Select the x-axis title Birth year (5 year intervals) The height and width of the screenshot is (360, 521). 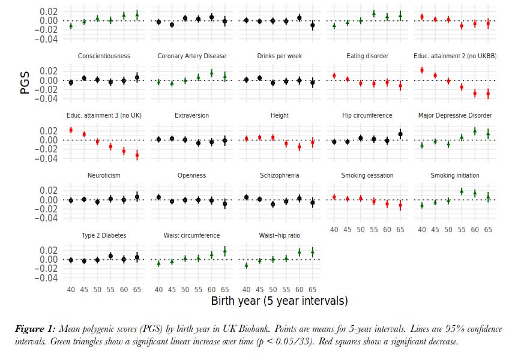pos(279,300)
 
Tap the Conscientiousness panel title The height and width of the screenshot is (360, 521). pos(104,56)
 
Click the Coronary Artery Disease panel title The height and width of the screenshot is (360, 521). pos(192,56)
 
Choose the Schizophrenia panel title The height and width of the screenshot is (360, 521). pos(280,175)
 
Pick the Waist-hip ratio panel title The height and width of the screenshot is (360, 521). pos(280,235)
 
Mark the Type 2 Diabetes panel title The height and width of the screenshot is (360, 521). pos(104,235)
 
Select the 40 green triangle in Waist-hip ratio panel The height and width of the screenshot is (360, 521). pos(247,265)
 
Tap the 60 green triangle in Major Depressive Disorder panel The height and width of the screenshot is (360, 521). pos(475,131)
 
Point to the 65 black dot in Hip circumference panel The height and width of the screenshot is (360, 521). pos(400,134)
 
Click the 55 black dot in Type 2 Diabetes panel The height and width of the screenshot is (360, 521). pos(110,256)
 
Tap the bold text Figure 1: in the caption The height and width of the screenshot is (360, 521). pos(35,329)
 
